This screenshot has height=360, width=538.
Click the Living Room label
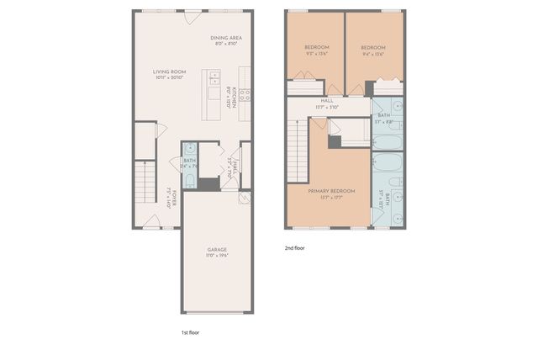(x=169, y=71)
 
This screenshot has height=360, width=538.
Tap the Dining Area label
(x=226, y=38)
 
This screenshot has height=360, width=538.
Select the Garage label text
(x=217, y=249)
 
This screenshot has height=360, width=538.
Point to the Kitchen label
(x=232, y=94)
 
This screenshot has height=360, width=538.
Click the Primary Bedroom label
(x=327, y=191)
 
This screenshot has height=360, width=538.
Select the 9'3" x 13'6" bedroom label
(x=316, y=46)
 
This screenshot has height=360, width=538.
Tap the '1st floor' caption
(x=190, y=332)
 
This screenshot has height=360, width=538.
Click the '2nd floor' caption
(x=295, y=248)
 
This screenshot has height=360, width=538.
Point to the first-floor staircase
(x=145, y=182)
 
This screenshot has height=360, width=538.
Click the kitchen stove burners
(x=244, y=94)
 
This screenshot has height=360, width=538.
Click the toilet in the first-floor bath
(x=189, y=181)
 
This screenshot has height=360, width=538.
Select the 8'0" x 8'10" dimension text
(x=226, y=44)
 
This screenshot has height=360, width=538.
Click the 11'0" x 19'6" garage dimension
(x=217, y=255)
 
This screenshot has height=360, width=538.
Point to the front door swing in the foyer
(x=151, y=221)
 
